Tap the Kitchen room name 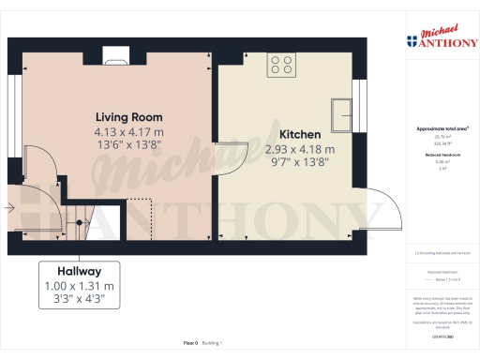[300, 134]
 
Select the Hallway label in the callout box [79, 269]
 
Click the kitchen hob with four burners [280, 64]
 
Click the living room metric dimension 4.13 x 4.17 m [129, 132]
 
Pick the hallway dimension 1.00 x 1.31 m [79, 285]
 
